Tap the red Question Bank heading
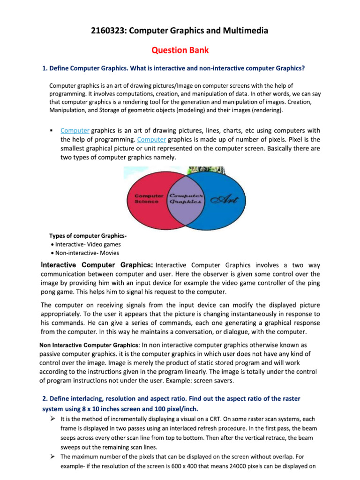pyautogui.click(x=180, y=50)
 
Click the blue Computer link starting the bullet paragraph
pyautogui.click(x=75, y=130)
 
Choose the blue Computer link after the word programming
pyautogui.click(x=152, y=139)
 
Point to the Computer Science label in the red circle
pyautogui.click(x=149, y=198)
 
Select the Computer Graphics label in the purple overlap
pyautogui.click(x=186, y=198)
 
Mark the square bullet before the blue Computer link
pyautogui.click(x=51, y=131)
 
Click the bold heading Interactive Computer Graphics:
pyautogui.click(x=97, y=265)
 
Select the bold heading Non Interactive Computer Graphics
pyautogui.click(x=85, y=345)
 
